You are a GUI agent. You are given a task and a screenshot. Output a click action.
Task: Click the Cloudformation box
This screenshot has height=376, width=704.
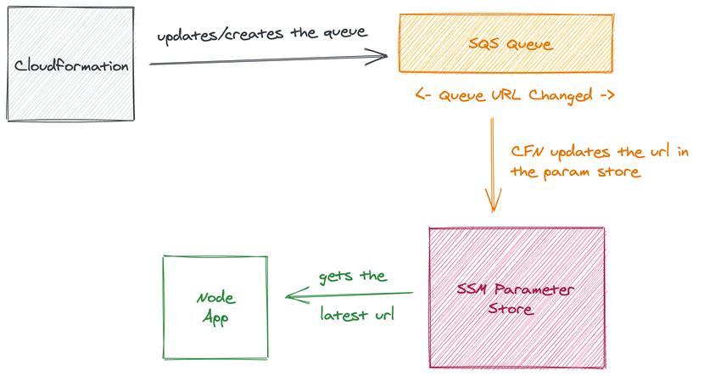click(71, 65)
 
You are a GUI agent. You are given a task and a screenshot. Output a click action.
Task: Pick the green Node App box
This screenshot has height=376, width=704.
click(215, 306)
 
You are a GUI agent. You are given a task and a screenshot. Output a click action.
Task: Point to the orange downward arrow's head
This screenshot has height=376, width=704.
click(493, 205)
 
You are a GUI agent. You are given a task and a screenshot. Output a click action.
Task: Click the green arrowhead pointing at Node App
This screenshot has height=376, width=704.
click(292, 295)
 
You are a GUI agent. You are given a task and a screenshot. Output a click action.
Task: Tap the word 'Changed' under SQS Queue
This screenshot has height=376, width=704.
click(561, 95)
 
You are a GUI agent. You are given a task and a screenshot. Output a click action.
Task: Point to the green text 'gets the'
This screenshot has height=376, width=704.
click(353, 277)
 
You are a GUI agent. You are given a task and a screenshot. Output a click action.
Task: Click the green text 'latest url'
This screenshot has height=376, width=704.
click(357, 315)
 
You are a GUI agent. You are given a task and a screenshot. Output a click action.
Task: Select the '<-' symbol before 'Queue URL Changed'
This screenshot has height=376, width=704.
click(424, 95)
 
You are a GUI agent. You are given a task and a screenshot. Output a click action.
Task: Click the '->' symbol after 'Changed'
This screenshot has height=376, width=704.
click(606, 95)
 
